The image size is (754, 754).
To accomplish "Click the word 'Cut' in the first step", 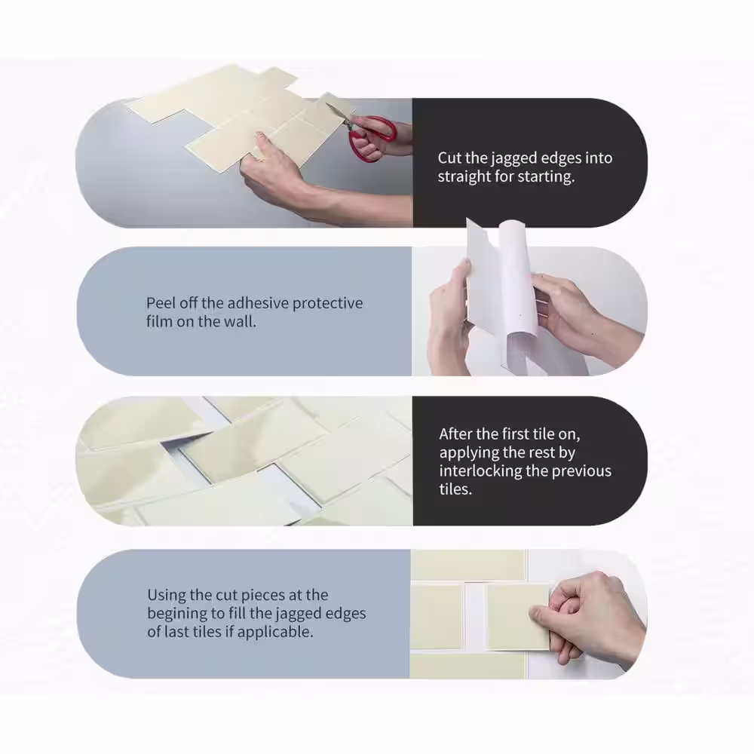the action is (x=449, y=158).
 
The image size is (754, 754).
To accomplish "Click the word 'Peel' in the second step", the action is (x=161, y=303).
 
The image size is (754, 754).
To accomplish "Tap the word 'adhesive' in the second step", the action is (x=257, y=303).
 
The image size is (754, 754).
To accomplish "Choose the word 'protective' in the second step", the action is (x=327, y=304).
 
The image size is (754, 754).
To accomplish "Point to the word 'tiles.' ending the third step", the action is (x=455, y=489).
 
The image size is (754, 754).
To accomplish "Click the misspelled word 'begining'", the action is (x=176, y=614).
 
